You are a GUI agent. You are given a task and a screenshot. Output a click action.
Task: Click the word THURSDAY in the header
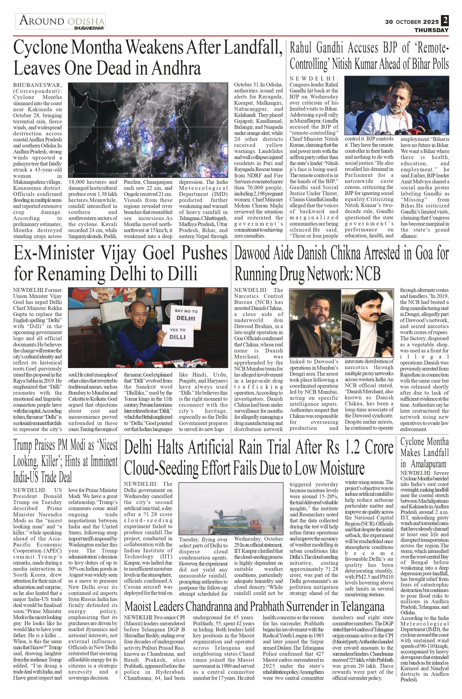click(x=431, y=30)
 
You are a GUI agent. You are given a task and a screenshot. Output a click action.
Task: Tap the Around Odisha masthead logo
click(x=60, y=22)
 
